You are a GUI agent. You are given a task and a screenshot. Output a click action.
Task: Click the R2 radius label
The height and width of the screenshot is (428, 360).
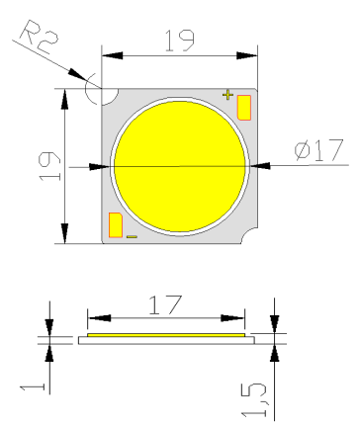(x=39, y=37)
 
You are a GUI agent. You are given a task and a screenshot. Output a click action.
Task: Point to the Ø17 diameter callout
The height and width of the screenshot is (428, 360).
(x=318, y=150)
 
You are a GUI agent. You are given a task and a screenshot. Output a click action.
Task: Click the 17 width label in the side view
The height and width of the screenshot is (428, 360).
(x=165, y=304)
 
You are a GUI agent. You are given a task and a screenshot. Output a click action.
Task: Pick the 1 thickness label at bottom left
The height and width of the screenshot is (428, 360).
(x=33, y=386)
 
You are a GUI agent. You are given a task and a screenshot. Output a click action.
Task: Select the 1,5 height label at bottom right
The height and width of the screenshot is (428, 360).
(x=254, y=400)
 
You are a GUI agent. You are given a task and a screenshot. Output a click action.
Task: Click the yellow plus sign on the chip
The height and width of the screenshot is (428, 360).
(x=227, y=95)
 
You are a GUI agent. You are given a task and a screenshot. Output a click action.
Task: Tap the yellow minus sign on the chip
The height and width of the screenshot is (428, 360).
(x=132, y=236)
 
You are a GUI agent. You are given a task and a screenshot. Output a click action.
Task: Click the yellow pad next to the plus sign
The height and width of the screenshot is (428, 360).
(x=244, y=108)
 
